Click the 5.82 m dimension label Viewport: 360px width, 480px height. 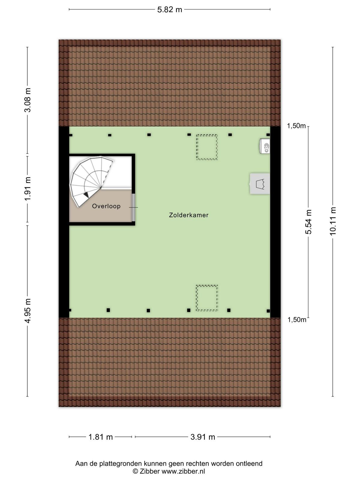[x=169, y=10]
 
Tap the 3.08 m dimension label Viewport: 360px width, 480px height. [x=28, y=100]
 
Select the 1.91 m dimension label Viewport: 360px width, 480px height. [x=28, y=189]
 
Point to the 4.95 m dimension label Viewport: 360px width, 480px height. [x=28, y=310]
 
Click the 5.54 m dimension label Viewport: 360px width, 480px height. [x=308, y=222]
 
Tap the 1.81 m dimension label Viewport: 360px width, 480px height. [x=100, y=437]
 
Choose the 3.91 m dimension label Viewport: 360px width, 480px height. [x=202, y=437]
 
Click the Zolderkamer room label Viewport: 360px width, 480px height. [x=189, y=215]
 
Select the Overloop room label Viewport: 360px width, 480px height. [x=106, y=206]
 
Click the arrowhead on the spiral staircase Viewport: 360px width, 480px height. [x=86, y=194]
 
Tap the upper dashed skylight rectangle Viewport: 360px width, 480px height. [x=207, y=147]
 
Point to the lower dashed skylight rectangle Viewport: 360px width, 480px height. [x=207, y=298]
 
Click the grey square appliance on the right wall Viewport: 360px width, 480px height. [x=260, y=184]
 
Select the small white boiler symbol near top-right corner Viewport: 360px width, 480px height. [x=265, y=146]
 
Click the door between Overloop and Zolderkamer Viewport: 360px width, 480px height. [x=133, y=207]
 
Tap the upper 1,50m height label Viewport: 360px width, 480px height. [x=296, y=126]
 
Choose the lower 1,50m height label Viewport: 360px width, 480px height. [x=297, y=320]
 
